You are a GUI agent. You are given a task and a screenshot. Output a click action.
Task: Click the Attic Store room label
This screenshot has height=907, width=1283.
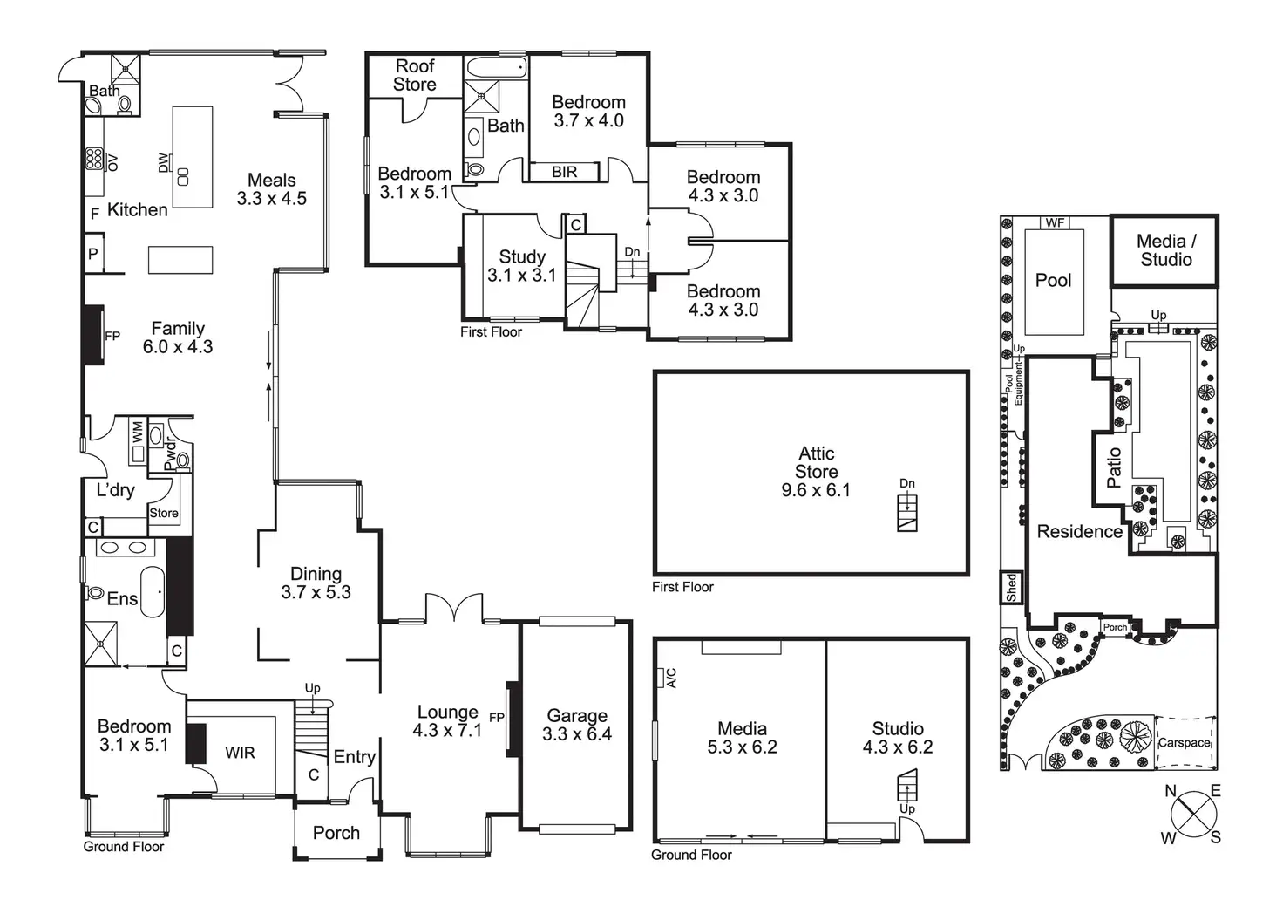tap(816, 472)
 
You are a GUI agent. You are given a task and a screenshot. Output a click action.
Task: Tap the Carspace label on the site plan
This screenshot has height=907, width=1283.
tap(1184, 743)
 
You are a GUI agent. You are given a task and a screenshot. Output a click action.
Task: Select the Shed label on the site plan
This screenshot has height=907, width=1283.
tap(1011, 587)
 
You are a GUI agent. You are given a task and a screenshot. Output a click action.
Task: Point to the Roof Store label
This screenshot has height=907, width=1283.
tap(415, 75)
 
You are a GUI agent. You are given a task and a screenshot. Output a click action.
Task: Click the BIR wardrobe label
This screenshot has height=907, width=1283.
tap(565, 172)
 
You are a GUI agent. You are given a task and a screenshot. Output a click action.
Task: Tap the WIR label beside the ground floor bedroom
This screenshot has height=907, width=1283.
tap(240, 753)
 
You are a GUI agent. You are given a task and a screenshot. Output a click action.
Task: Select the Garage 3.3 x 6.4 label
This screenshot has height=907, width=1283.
tap(577, 725)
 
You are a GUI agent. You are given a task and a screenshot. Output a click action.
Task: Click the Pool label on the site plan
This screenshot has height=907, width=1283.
tap(1053, 280)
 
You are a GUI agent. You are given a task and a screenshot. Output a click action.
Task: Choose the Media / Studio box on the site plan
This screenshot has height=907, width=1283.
tap(1165, 250)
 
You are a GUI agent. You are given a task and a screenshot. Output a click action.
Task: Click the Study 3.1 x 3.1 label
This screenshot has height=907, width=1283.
tap(521, 266)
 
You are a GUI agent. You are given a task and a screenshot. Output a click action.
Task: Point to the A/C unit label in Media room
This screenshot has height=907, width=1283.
tap(670, 678)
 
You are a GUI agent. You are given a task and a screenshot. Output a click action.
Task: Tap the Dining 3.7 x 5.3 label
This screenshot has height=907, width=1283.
tap(316, 583)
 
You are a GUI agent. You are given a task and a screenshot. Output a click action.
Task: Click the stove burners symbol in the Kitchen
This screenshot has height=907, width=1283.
tap(93, 159)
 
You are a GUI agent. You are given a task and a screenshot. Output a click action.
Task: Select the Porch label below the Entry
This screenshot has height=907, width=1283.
tap(336, 833)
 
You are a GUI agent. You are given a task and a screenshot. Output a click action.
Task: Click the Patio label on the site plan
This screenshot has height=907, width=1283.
tap(1114, 467)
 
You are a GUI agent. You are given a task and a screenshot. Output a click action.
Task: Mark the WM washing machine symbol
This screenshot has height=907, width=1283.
tap(138, 431)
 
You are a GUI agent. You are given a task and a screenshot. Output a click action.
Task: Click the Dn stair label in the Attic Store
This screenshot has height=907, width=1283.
tap(907, 483)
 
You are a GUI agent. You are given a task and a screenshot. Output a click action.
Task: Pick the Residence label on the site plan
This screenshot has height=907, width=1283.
tap(1079, 531)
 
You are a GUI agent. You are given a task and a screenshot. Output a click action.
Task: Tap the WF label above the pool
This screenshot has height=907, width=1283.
tap(1055, 222)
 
